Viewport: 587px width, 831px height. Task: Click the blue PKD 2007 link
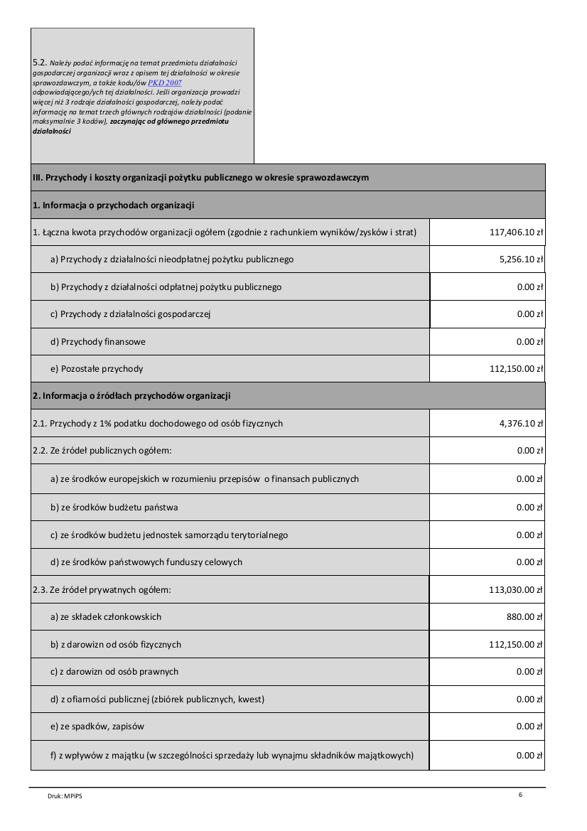point(165,83)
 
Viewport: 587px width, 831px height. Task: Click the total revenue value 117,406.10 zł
point(512,232)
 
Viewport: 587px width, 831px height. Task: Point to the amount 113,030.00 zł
point(512,589)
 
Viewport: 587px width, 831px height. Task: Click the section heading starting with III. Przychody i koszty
point(200,178)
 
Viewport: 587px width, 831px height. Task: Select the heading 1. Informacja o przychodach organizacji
point(114,205)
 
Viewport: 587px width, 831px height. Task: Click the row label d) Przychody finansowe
point(98,342)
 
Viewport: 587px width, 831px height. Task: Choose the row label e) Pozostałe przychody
point(97,369)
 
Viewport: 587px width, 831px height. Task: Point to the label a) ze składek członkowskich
point(106,617)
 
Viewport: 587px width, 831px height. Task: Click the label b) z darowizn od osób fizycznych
point(116,645)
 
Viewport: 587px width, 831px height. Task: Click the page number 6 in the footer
point(520,794)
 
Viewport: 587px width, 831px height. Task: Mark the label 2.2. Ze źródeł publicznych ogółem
point(102,451)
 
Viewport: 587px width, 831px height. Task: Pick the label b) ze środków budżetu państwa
point(114,508)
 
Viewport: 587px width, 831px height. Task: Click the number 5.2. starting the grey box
point(40,63)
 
